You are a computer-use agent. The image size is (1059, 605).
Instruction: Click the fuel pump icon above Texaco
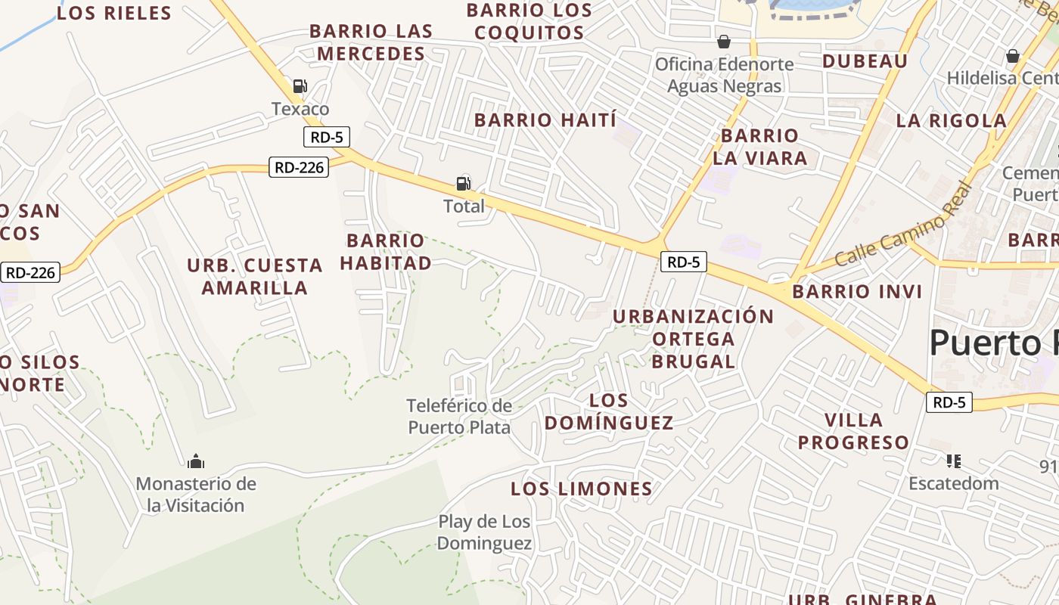[300, 86]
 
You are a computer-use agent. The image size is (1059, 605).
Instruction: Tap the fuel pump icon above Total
[463, 183]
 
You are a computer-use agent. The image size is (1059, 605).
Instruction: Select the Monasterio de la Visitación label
[197, 495]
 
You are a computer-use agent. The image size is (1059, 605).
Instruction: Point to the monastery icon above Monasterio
[196, 461]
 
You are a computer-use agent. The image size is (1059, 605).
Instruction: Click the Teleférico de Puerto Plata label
[459, 417]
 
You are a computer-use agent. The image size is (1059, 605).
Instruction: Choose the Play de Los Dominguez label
[484, 532]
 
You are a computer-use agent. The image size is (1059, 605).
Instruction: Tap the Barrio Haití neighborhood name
[545, 120]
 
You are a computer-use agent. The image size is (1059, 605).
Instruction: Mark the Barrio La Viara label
[759, 147]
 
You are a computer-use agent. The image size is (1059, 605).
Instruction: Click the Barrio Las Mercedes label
[371, 42]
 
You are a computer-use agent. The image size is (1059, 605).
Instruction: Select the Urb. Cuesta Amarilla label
[255, 277]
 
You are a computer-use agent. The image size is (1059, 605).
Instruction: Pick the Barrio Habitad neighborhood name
[386, 252]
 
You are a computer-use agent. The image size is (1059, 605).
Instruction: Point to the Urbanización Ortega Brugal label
[693, 339]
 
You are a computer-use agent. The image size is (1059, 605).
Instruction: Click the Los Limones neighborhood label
[581, 489]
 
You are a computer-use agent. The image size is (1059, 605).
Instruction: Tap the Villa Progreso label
[854, 431]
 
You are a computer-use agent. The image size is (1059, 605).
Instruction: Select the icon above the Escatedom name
[953, 461]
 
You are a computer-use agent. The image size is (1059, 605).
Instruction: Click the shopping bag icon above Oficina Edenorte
[724, 41]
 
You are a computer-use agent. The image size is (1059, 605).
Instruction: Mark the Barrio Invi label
[857, 292]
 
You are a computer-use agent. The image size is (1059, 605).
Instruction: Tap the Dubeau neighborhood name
[865, 61]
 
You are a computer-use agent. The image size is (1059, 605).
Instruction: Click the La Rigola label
[951, 121]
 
